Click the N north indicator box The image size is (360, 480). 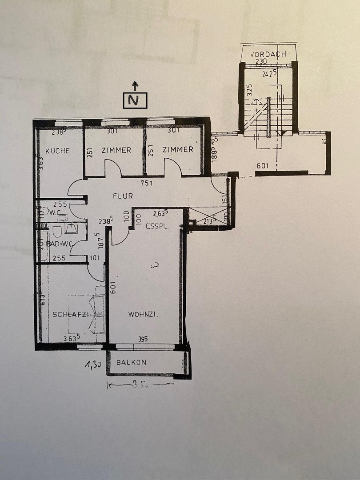(135, 100)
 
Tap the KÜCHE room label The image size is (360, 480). (58, 151)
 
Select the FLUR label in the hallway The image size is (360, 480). (123, 196)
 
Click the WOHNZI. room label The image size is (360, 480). (144, 314)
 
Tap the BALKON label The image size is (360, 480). (131, 362)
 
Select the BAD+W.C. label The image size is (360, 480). (60, 244)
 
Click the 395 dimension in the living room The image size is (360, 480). (142, 339)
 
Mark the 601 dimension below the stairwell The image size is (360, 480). (263, 166)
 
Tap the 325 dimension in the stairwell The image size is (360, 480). (249, 91)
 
